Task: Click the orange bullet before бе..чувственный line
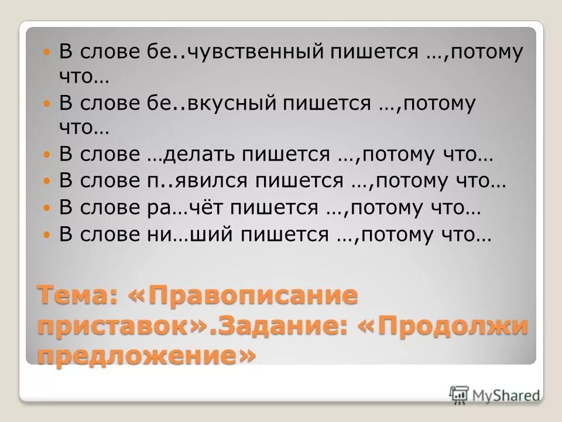(x=49, y=53)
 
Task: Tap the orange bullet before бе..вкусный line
(x=49, y=104)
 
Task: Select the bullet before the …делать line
(x=49, y=155)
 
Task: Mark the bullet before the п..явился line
(x=49, y=181)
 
